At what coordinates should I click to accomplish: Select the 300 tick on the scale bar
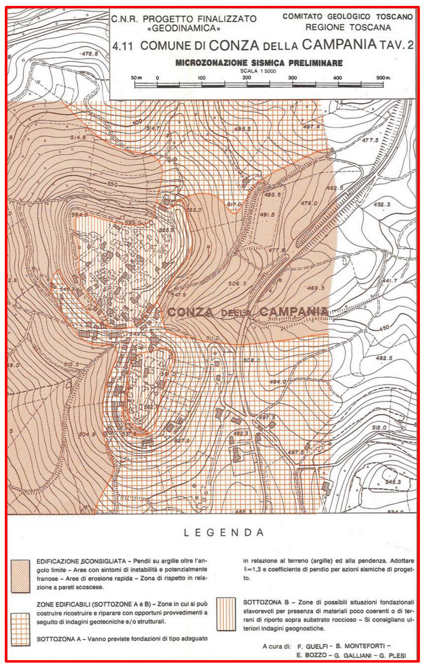[x=292, y=78]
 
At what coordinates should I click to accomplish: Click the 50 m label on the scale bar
[x=137, y=78]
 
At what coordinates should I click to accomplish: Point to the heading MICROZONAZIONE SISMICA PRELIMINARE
[x=259, y=63]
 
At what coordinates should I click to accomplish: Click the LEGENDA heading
[x=224, y=532]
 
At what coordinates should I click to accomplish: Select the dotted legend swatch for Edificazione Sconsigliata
[x=21, y=576]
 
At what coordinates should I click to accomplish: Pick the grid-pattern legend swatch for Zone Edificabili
[x=21, y=629]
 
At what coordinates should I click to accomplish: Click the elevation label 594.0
[x=79, y=215]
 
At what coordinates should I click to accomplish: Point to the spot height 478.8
[x=89, y=54]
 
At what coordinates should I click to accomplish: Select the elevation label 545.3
[x=393, y=482]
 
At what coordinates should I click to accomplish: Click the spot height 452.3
[x=382, y=205]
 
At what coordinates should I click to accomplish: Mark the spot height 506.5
[x=237, y=284]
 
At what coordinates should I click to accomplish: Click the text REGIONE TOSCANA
[x=348, y=27]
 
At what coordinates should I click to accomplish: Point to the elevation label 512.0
[x=379, y=428]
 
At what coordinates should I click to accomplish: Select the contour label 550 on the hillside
[x=112, y=184]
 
